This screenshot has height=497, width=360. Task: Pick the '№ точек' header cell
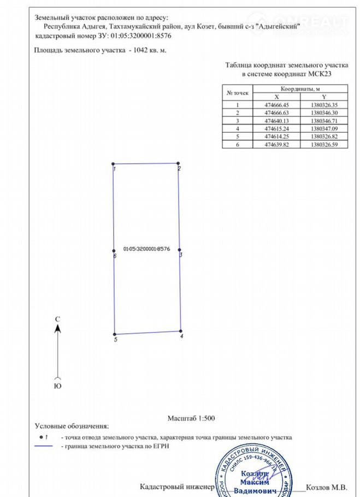238,93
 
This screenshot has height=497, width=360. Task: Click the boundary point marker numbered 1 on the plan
113,164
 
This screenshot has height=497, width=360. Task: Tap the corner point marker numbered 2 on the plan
179,163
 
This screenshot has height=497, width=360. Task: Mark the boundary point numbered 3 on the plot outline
180,250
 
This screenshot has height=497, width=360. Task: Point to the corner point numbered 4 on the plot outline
181,331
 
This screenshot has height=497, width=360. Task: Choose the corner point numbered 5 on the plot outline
114,334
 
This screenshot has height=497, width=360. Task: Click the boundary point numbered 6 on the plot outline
114,251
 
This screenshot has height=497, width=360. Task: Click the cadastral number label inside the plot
146,248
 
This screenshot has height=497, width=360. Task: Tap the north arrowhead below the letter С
57,328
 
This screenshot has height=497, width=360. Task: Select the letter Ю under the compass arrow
57,386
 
